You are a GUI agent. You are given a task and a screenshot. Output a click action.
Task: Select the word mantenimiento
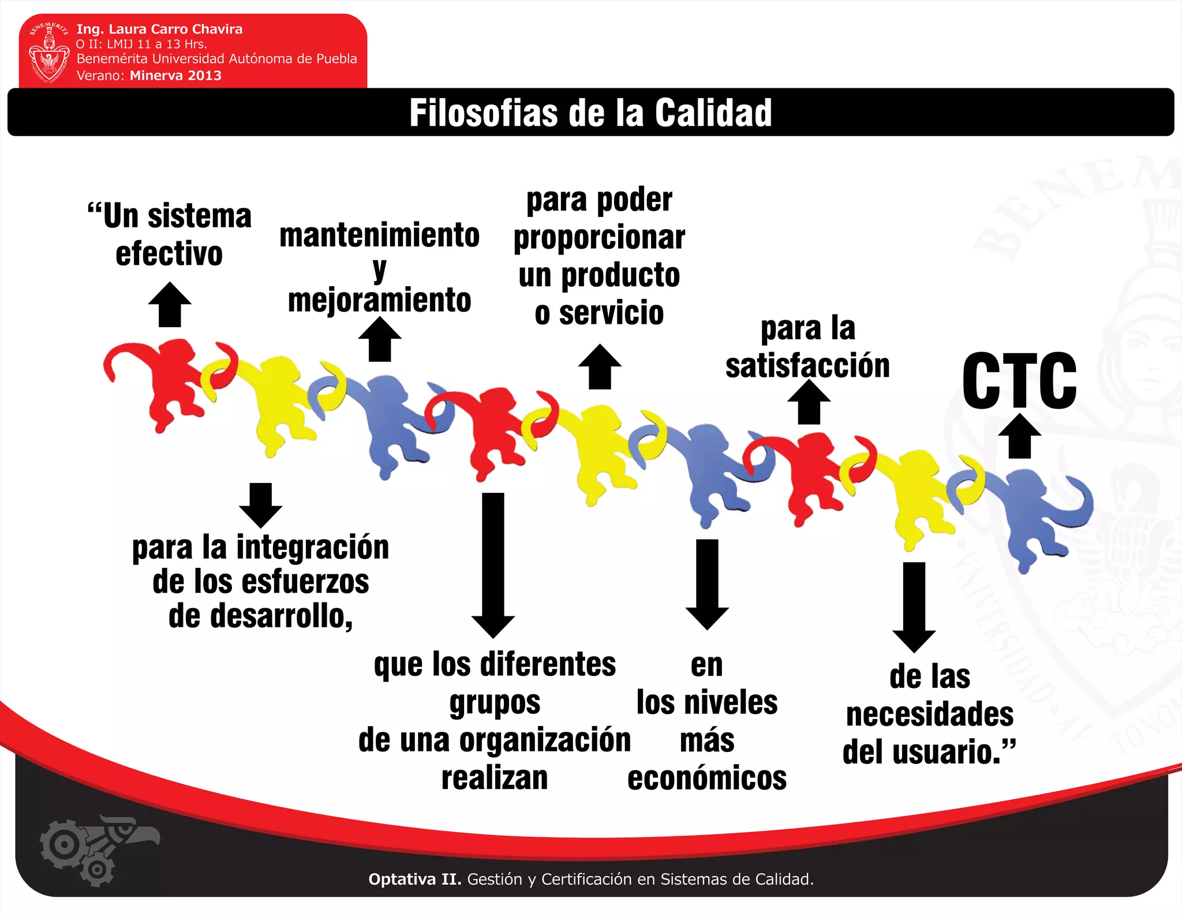tap(379, 235)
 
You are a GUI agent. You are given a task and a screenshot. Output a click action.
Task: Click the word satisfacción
tap(807, 366)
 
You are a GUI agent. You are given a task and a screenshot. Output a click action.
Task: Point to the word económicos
tap(707, 779)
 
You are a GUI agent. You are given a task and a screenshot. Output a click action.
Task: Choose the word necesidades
tap(930, 714)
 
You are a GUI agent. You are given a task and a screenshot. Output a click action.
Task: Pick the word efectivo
tap(169, 254)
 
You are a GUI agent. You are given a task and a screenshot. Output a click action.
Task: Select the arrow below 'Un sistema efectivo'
tap(170, 305)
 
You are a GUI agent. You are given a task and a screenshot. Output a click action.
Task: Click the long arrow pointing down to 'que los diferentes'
tap(493, 566)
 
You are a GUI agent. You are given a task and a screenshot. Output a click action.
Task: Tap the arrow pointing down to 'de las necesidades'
tap(914, 608)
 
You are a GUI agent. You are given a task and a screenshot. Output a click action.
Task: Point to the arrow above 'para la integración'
tap(261, 506)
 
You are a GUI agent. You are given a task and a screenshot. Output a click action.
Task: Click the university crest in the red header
tap(49, 53)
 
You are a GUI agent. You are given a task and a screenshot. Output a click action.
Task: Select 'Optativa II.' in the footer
tap(415, 879)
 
